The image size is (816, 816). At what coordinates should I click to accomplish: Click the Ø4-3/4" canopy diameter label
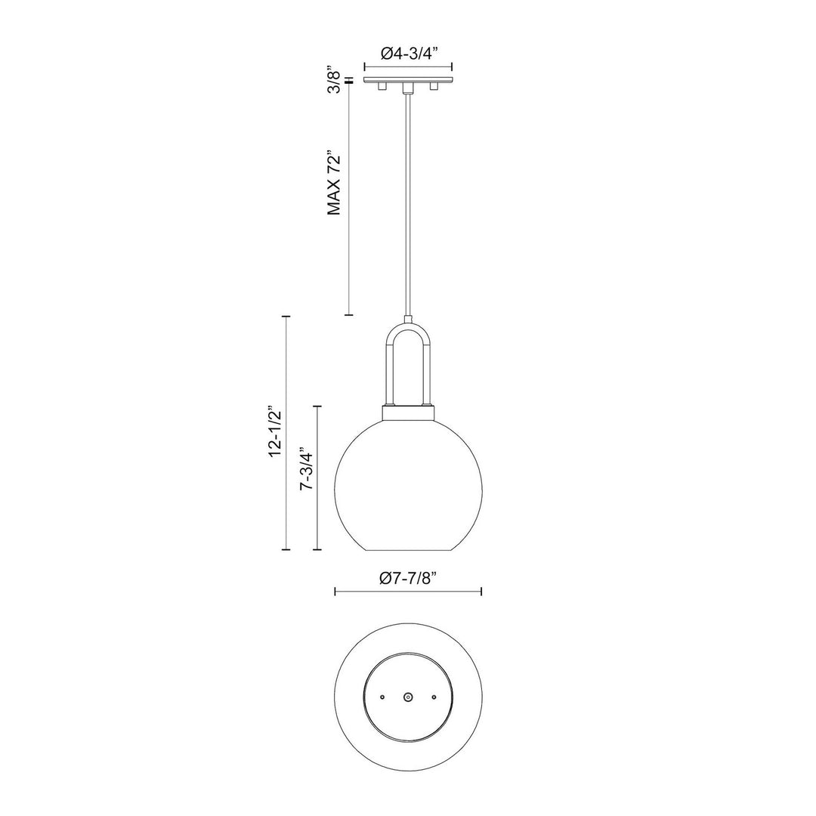click(x=408, y=53)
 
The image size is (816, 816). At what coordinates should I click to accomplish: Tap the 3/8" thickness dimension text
click(x=333, y=79)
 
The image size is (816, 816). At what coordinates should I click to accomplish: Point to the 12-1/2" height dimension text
click(x=275, y=433)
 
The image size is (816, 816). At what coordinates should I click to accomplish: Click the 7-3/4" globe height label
click(x=306, y=471)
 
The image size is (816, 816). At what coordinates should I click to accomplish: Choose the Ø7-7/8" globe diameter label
click(x=408, y=579)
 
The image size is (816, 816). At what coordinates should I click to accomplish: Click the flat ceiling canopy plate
click(x=408, y=79)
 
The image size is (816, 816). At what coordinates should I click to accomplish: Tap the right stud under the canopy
click(x=434, y=88)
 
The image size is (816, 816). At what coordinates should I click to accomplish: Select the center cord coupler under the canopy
click(x=408, y=88)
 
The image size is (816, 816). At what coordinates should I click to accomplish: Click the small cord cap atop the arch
click(x=408, y=318)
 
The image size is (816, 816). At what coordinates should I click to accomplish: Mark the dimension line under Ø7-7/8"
click(x=408, y=592)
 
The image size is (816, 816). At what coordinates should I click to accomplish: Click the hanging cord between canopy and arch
click(x=408, y=204)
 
